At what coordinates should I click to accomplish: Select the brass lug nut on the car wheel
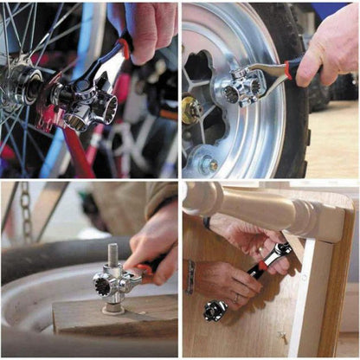coord(190,109)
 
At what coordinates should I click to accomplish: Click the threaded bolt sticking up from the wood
coord(112,256)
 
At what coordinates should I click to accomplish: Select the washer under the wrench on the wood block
coord(112,308)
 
